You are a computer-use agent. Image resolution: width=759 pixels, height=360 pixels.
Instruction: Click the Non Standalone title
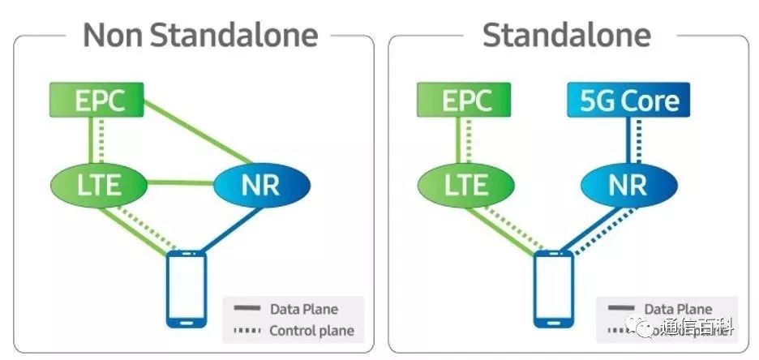click(200, 36)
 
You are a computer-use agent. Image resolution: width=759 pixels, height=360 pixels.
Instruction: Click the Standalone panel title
click(566, 36)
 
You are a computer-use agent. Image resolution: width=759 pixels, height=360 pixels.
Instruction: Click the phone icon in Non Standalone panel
click(186, 289)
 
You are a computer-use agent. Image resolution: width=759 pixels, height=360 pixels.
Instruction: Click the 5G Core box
click(628, 101)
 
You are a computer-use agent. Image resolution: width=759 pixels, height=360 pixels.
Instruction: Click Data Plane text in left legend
click(303, 309)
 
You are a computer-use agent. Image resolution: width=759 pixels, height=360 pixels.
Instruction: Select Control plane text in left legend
click(311, 330)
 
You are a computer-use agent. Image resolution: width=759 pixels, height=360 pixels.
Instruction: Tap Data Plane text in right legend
click(678, 309)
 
